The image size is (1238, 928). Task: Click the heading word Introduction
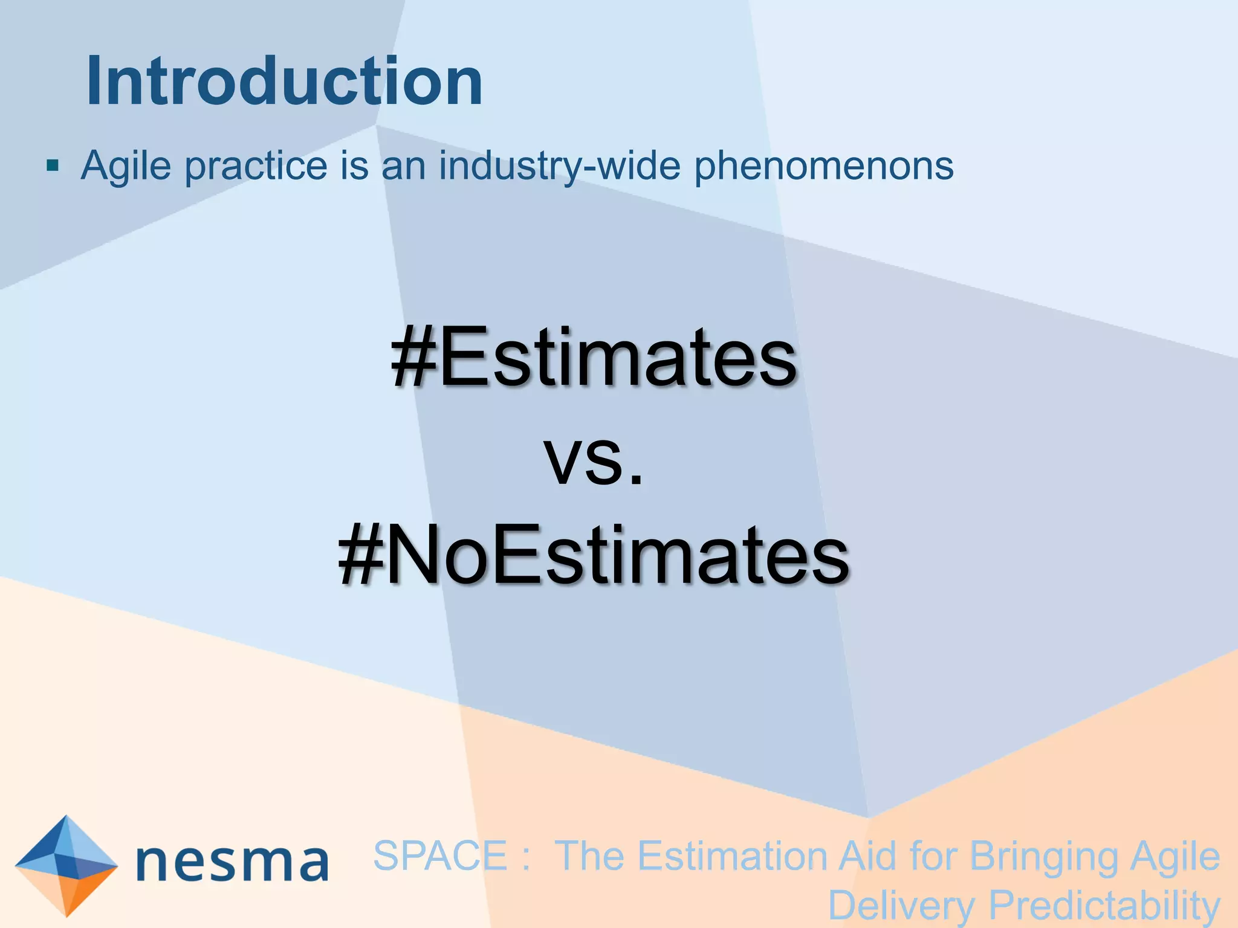tap(284, 82)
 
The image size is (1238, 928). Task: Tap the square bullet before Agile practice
tap(53, 166)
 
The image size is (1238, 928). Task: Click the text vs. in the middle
tap(594, 459)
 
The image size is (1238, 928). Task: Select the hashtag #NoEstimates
tap(594, 556)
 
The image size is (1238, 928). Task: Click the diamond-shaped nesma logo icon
tap(66, 866)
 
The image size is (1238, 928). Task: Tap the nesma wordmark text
tap(233, 862)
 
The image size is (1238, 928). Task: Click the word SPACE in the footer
tap(440, 856)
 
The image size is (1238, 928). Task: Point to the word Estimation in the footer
tap(732, 856)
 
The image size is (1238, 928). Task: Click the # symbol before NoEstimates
tap(361, 556)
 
